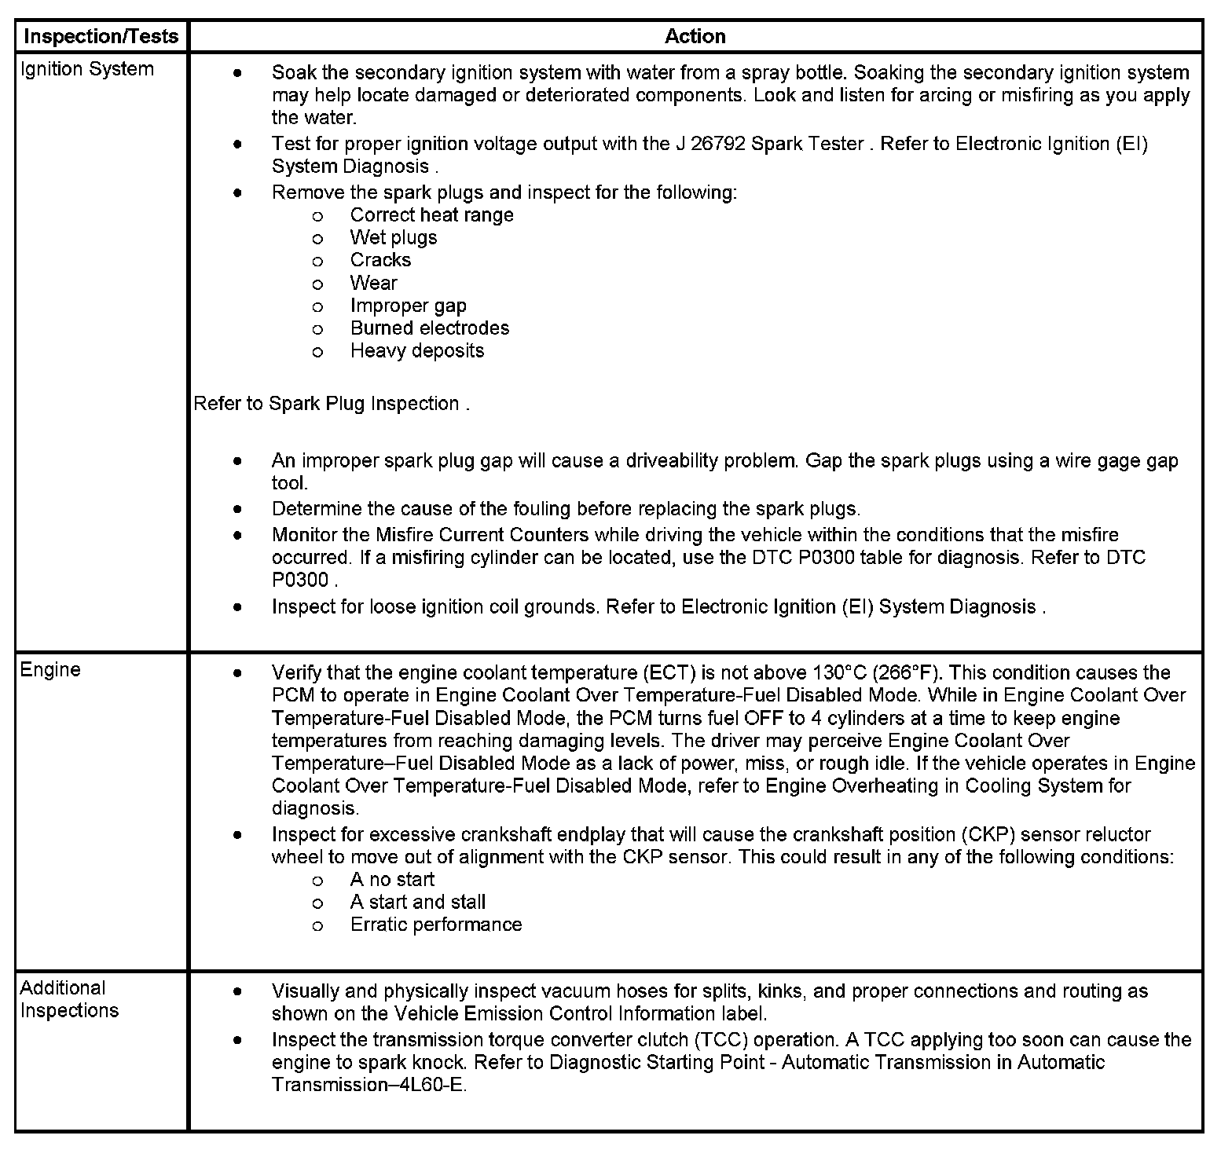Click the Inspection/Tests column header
(x=101, y=36)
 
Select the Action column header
(x=695, y=36)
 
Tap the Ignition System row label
(x=86, y=69)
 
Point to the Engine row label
(x=50, y=669)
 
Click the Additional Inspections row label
(x=69, y=999)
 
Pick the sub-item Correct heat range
(x=431, y=215)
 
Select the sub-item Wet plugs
(x=393, y=238)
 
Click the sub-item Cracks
(x=380, y=260)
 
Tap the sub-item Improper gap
(x=408, y=306)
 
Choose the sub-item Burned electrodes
(x=429, y=328)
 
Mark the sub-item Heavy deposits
(x=416, y=351)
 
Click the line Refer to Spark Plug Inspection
(x=331, y=404)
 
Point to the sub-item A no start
(x=391, y=880)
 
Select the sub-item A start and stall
(x=417, y=903)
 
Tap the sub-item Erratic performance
(x=435, y=925)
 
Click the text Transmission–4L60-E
(x=368, y=1086)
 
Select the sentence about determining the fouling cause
(x=566, y=509)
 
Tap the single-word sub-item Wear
(x=373, y=283)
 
